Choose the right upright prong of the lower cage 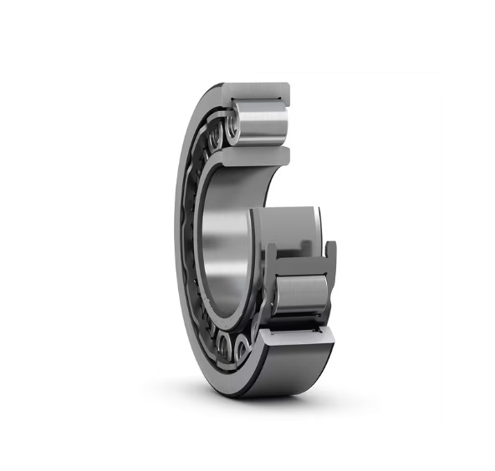tap(331, 255)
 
